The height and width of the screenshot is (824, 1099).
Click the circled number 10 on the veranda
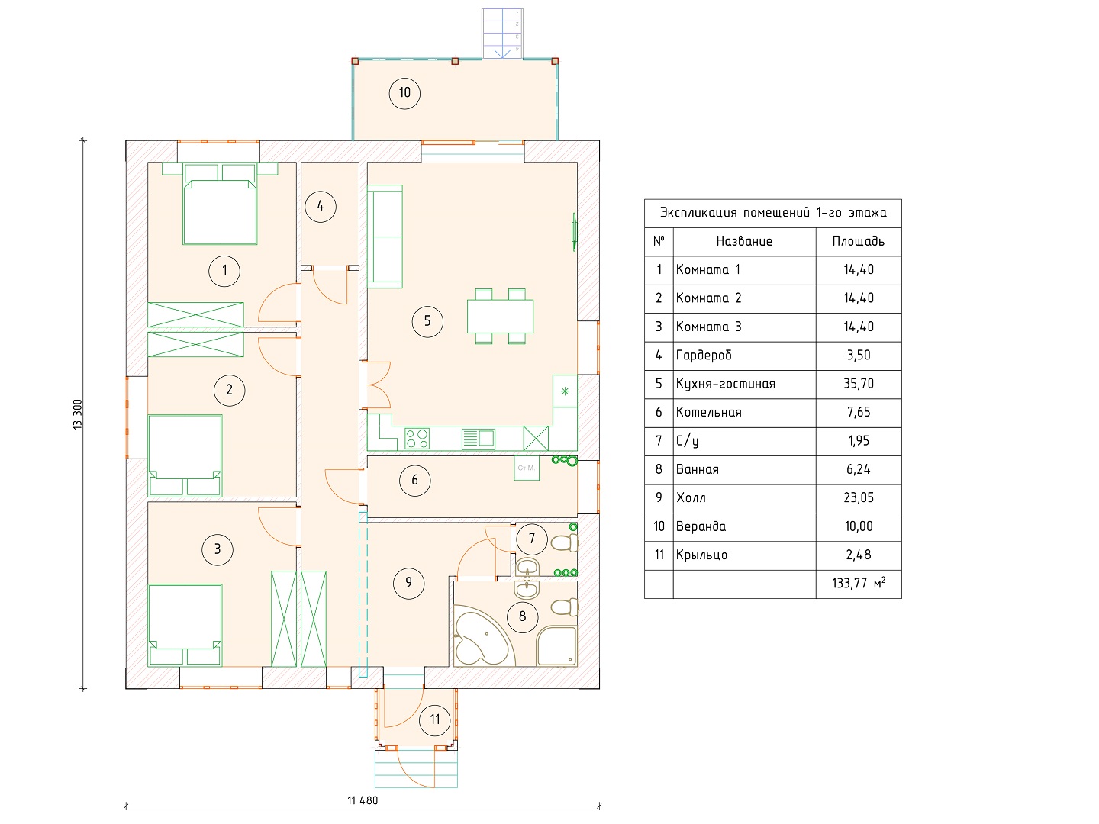coord(404,93)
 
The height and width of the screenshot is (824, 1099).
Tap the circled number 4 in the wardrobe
coord(320,207)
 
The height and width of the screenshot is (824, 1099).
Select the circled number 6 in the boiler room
coord(414,481)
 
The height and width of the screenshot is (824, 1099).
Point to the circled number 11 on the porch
coord(434,720)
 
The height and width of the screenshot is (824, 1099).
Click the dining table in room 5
coord(500,316)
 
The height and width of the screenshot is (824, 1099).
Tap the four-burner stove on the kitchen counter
coord(417,439)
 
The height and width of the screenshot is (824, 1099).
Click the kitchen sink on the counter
coord(479,439)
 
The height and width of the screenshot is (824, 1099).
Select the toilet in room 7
coord(564,542)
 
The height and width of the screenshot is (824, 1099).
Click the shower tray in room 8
coord(557,646)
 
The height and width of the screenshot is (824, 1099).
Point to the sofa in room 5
coord(385,237)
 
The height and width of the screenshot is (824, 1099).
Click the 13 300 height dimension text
coord(78,414)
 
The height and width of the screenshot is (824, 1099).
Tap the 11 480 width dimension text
coord(363,801)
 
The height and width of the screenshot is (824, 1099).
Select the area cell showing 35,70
coord(858,384)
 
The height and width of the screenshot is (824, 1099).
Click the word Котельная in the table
coord(708,412)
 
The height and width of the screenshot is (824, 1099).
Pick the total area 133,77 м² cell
coord(858,583)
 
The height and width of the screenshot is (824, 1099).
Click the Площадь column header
coord(858,242)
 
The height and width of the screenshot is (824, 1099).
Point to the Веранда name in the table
coord(701,526)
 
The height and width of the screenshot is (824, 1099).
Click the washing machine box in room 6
coord(526,468)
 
